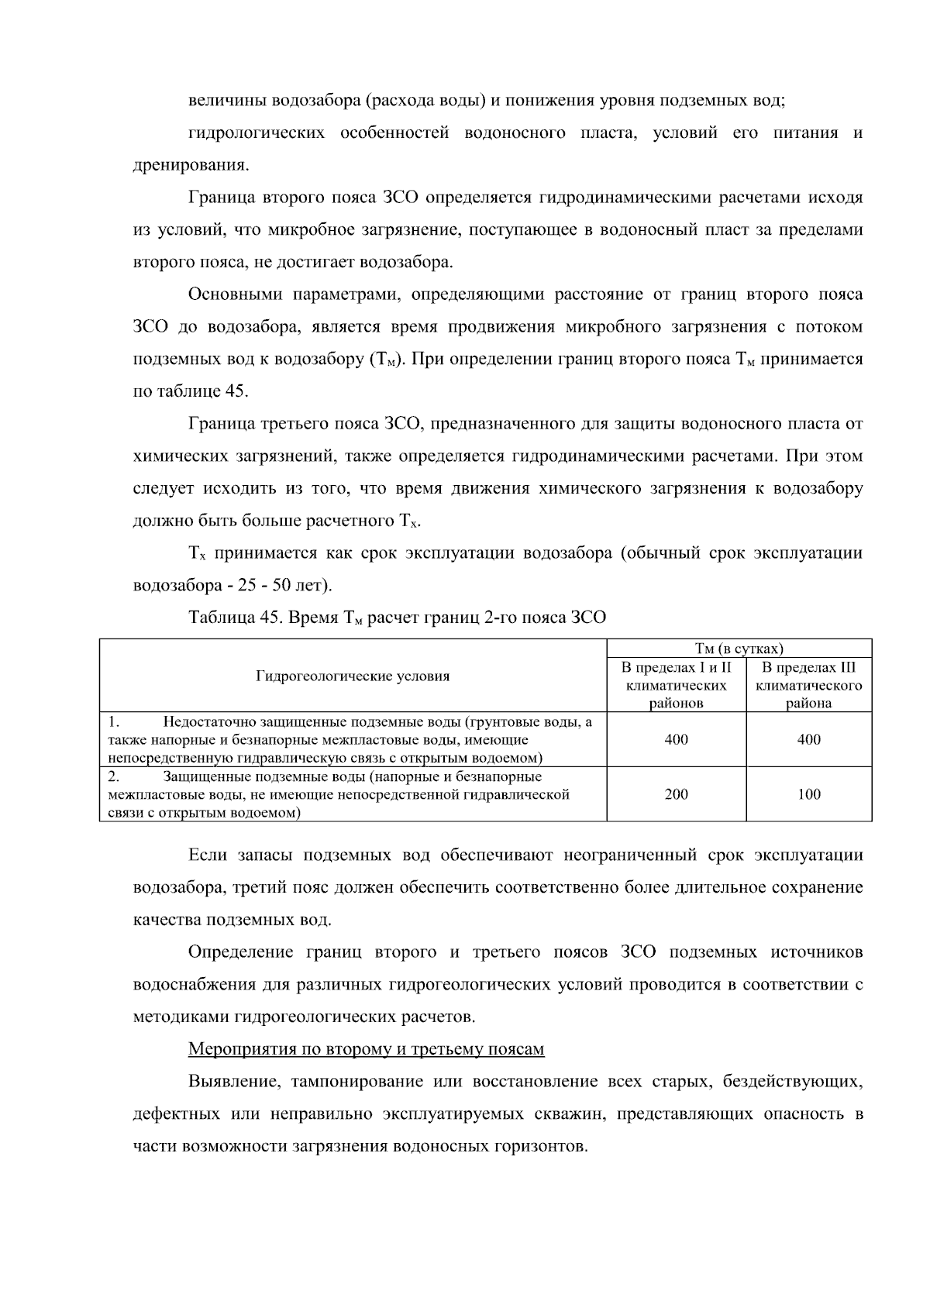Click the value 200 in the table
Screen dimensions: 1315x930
point(676,794)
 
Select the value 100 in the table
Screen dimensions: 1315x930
point(808,794)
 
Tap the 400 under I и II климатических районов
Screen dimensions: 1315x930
point(676,739)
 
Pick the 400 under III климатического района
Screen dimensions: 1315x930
point(808,739)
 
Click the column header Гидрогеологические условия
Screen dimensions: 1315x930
point(353,676)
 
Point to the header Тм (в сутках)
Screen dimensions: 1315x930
point(739,649)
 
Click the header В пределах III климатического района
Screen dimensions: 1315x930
point(808,685)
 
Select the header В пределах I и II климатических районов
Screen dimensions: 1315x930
point(676,685)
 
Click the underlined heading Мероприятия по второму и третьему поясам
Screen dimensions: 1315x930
point(366,1049)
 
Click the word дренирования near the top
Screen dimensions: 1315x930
point(190,165)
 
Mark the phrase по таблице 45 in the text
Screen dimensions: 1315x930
point(190,391)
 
